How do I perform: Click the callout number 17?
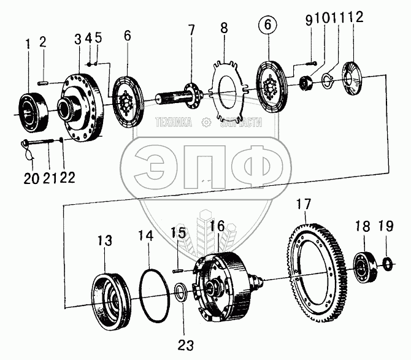(305, 204)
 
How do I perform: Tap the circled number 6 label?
(268, 26)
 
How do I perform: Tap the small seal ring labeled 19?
(387, 264)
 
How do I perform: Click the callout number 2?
(42, 42)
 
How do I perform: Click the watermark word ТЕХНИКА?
(174, 123)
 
